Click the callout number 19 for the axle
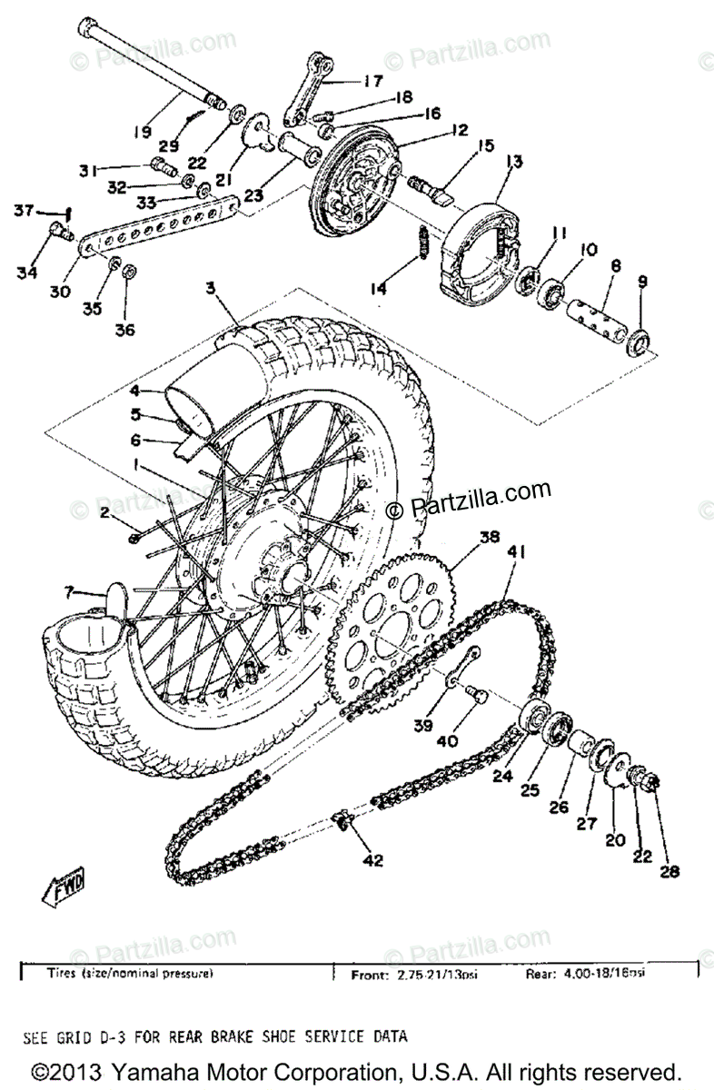141,133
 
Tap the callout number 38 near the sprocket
490,537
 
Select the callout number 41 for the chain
518,552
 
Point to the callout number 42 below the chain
374,860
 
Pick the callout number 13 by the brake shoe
515,162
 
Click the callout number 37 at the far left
23,212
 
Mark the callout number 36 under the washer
125,331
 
